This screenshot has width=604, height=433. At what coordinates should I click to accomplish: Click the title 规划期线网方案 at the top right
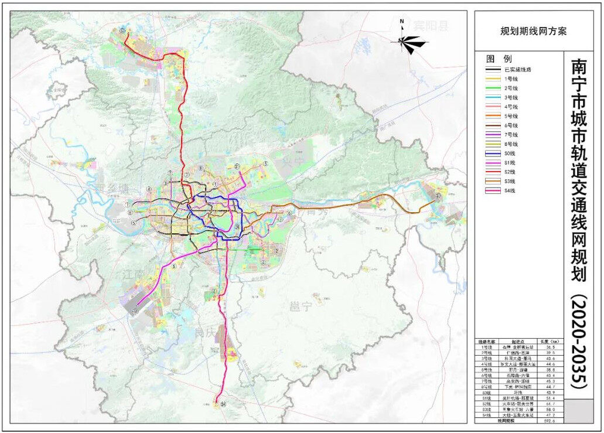[x=533, y=31]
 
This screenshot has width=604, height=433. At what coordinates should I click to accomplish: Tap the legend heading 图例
[x=499, y=59]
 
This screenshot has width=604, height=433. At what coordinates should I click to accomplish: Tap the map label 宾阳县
[x=431, y=25]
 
